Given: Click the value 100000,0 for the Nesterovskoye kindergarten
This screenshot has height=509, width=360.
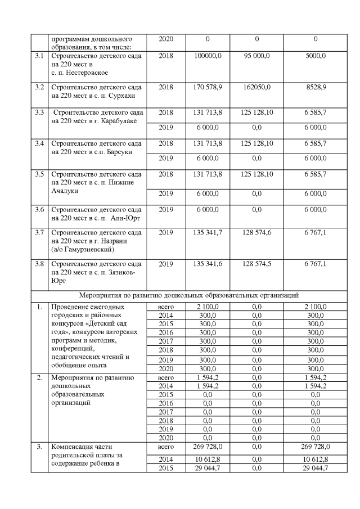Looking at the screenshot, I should click(x=208, y=56).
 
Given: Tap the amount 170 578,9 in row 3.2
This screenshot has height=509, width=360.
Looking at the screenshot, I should click(x=208, y=88).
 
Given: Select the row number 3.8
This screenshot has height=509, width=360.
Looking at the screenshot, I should click(x=39, y=263).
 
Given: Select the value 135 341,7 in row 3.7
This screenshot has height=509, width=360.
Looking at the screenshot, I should click(x=208, y=232).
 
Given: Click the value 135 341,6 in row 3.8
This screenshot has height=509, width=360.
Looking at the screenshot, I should click(x=208, y=263).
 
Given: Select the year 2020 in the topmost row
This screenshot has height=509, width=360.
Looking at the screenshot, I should click(x=166, y=39).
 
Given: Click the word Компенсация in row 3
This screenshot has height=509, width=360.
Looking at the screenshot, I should click(x=74, y=447).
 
